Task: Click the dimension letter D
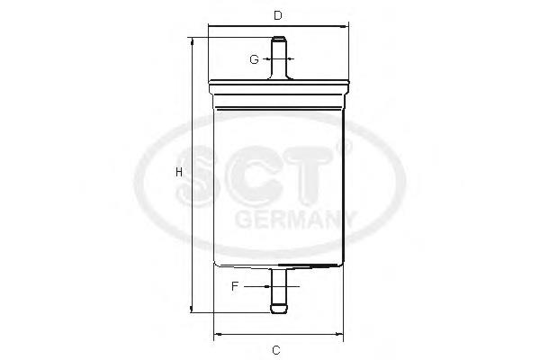[278, 15]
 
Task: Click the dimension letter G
[255, 59]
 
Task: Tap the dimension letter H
[179, 171]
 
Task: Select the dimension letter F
[235, 286]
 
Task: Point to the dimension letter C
[278, 349]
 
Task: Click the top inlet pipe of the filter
[279, 57]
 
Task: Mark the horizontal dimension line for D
[278, 28]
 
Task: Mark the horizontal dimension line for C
[278, 337]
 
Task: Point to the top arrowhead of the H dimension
[191, 41]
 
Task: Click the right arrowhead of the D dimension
[346, 28]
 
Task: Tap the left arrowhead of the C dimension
[216, 337]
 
